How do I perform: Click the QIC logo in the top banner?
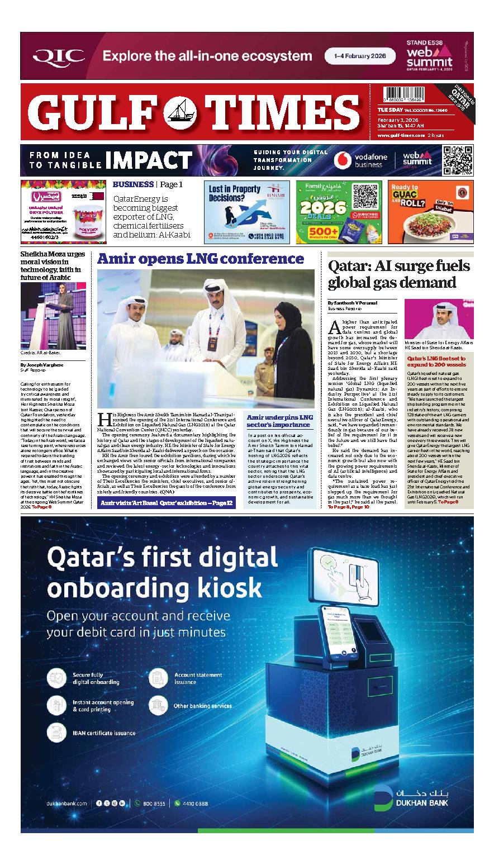point(59,56)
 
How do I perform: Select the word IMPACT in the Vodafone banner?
point(149,160)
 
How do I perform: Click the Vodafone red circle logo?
point(342,160)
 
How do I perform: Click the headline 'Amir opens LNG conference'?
point(201,259)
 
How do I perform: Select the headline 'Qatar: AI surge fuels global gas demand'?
point(399,274)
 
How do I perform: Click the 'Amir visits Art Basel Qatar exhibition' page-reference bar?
point(166,503)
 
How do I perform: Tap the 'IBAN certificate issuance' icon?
point(56,732)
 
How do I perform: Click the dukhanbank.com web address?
point(68,803)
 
